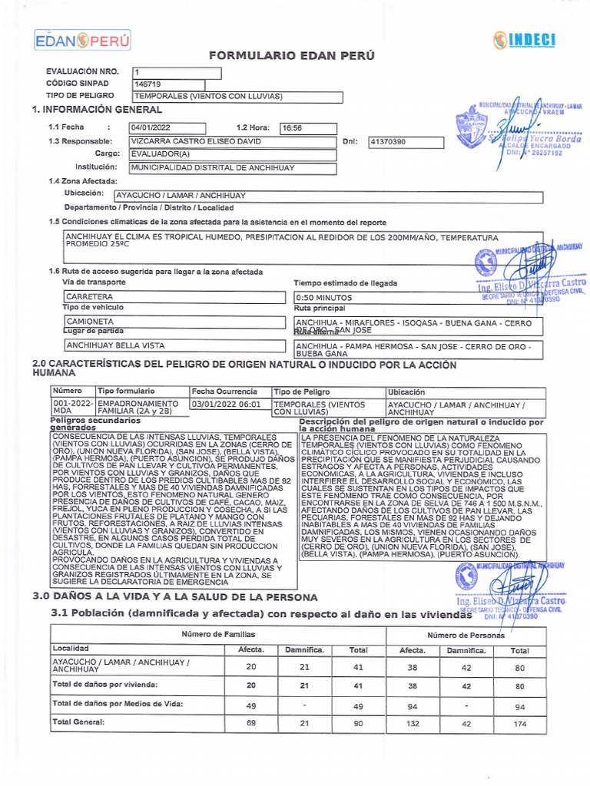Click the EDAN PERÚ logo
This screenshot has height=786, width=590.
click(x=83, y=40)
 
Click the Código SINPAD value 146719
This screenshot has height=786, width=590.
click(x=177, y=84)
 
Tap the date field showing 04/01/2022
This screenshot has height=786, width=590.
click(x=167, y=128)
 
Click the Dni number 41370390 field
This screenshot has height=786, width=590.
click(x=406, y=142)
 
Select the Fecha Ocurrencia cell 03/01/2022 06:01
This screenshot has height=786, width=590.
click(x=230, y=404)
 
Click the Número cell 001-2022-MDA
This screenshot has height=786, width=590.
click(x=72, y=408)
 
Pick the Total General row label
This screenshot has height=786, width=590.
click(x=78, y=722)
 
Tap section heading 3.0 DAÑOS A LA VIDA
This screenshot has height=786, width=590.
click(x=174, y=597)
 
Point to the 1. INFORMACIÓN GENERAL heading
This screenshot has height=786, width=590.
click(x=97, y=110)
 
